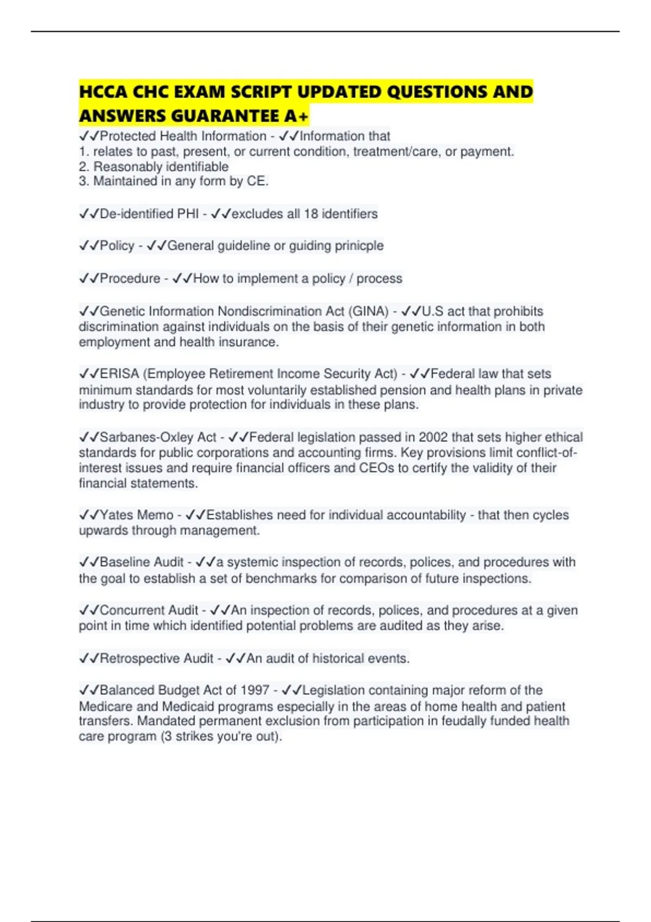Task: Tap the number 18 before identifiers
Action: pyautogui.click(x=311, y=214)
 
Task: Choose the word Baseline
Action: pyautogui.click(x=126, y=562)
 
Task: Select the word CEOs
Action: pyautogui.click(x=376, y=468)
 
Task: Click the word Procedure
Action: pyautogui.click(x=130, y=279)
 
